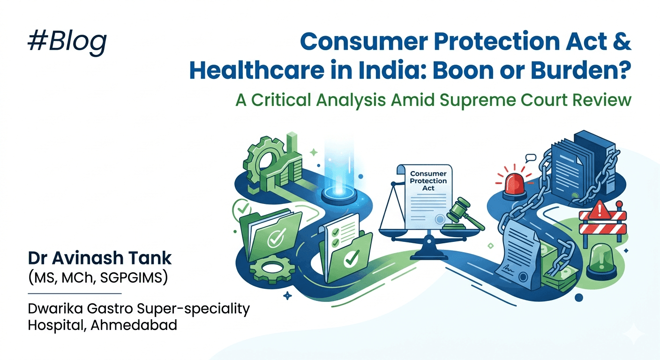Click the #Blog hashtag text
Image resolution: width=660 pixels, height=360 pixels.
67,41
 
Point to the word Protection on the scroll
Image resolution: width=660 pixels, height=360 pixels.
428,181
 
